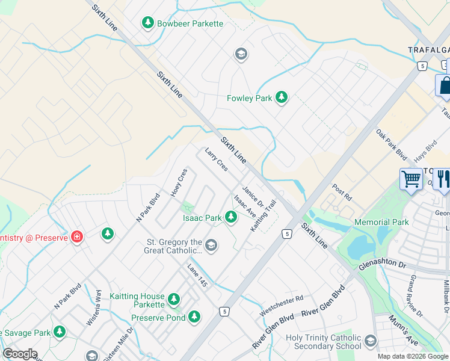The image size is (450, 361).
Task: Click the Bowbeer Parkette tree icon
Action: tap(148, 23)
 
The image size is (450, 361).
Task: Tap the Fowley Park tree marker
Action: tap(281, 97)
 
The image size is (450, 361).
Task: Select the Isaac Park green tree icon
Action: tap(231, 217)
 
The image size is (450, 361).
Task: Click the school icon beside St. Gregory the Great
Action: tap(211, 245)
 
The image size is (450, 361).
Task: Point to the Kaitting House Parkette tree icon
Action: tap(174, 298)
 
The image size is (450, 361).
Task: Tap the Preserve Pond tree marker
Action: tap(194, 316)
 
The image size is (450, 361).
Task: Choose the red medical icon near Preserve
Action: tap(77, 236)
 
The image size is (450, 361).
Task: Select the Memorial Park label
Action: tap(381, 222)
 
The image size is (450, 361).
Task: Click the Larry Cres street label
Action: tap(217, 159)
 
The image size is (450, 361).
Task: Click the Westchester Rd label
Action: tap(282, 306)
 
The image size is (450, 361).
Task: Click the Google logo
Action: tap(20, 354)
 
